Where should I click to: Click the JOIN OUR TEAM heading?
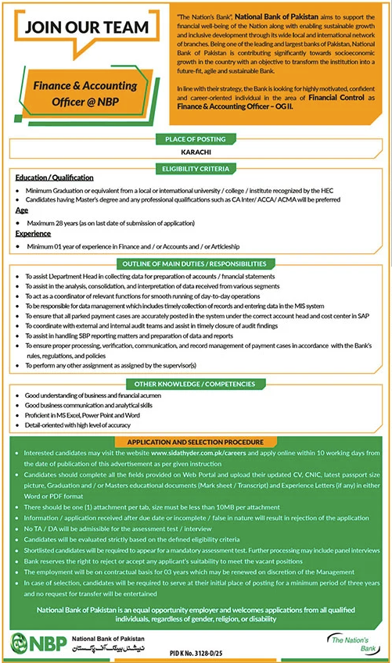pos(87,27)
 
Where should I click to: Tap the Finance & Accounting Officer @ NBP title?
pos(87,93)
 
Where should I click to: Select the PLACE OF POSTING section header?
pos(196,139)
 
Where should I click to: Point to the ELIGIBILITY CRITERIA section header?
pos(196,168)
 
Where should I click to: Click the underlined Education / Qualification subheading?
pos(54,178)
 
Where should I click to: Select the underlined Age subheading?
pos(21,210)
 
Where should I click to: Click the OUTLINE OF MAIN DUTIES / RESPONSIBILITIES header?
pos(196,263)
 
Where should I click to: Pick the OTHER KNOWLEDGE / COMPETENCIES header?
pos(196,385)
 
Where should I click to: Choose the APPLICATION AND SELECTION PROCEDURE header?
pos(196,442)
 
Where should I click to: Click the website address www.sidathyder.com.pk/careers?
pos(199,453)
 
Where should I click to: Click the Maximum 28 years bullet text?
pos(102,223)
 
